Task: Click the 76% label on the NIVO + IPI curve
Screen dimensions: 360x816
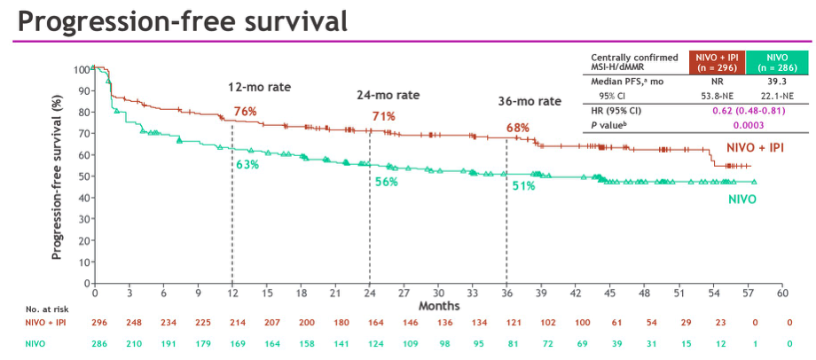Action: pos(245,112)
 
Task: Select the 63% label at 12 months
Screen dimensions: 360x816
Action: pos(247,165)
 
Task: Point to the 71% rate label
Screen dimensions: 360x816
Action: pos(383,116)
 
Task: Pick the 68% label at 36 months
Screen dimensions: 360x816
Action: pos(518,128)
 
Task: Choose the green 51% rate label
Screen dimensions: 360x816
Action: pos(523,185)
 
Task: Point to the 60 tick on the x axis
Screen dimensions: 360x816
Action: pos(782,293)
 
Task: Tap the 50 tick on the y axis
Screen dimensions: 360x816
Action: pos(84,176)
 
